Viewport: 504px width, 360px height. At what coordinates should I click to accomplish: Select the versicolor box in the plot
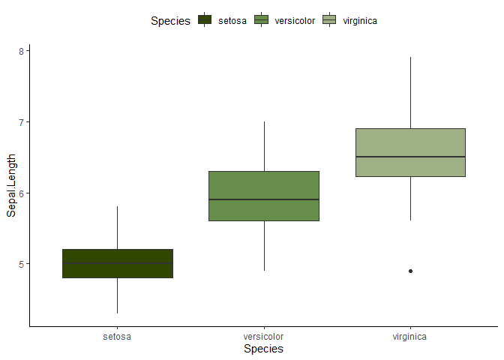[x=264, y=187]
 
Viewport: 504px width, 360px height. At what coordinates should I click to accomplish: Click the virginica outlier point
[x=410, y=271]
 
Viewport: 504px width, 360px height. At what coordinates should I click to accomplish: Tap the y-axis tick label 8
[x=21, y=51]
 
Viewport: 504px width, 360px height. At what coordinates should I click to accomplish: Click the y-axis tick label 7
[x=21, y=121]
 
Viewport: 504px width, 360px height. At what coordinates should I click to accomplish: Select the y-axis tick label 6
[x=21, y=193]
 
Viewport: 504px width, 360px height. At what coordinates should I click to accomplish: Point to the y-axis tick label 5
[x=21, y=264]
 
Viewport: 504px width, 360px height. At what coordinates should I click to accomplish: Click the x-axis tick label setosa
[x=117, y=337]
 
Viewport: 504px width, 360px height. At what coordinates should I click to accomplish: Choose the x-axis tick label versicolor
[x=264, y=337]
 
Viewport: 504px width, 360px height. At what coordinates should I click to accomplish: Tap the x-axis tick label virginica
[x=410, y=337]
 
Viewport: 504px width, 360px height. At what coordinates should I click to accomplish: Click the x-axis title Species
[x=263, y=349]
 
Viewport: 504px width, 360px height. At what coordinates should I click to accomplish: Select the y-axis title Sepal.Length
[x=11, y=187]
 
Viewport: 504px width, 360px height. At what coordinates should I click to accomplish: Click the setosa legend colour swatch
[x=205, y=20]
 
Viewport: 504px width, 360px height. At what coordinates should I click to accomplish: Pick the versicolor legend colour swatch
[x=262, y=20]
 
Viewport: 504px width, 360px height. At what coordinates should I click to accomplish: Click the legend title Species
[x=170, y=21]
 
